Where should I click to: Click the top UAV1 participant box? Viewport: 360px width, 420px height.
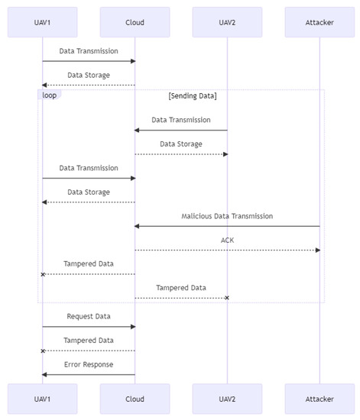point(42,22)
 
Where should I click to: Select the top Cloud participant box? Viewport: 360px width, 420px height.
point(135,22)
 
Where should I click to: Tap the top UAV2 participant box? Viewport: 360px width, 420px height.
point(227,22)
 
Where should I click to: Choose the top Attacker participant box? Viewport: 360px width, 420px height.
point(319,22)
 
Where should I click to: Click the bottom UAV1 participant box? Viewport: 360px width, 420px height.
point(42,399)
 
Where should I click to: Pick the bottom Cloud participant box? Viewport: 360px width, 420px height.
point(135,399)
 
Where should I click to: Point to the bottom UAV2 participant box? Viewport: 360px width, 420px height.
point(227,399)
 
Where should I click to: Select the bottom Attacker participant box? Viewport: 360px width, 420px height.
point(319,399)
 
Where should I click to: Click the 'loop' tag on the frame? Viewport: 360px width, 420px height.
point(49,95)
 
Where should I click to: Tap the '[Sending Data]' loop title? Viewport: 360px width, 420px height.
point(193,95)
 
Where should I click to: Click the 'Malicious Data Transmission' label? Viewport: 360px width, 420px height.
point(227,216)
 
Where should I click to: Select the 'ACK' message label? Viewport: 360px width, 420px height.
point(227,240)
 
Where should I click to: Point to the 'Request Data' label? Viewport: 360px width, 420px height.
point(89,316)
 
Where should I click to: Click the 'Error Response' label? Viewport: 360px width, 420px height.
point(89,364)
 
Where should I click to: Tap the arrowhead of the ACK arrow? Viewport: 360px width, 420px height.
point(317,250)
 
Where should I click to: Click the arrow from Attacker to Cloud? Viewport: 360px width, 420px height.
point(227,226)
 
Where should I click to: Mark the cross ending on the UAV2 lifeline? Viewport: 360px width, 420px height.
point(226,298)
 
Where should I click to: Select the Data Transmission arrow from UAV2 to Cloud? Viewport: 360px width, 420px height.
point(181,130)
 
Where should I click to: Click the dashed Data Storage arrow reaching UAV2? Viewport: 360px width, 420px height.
point(181,154)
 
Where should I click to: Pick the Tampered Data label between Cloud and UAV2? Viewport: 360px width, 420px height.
point(181,288)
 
